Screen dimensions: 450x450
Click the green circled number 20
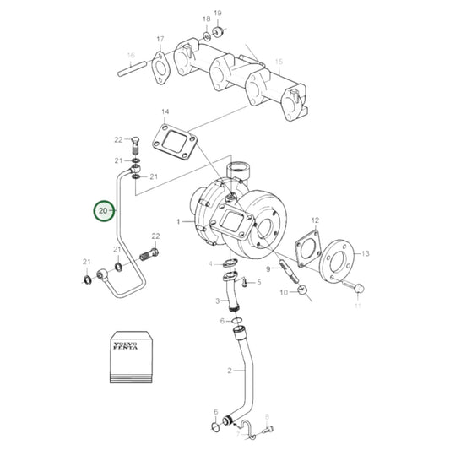102,209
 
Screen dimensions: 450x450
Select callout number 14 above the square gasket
165,112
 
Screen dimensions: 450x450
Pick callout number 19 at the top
217,14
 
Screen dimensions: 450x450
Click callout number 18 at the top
206,19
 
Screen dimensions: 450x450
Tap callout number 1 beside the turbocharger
179,222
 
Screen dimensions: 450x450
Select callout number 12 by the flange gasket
316,221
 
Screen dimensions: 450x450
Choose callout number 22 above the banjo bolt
155,236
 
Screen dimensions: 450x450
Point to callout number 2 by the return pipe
230,371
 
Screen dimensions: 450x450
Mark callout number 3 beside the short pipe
216,301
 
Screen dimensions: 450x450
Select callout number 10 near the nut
284,292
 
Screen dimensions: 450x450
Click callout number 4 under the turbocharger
210,264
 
